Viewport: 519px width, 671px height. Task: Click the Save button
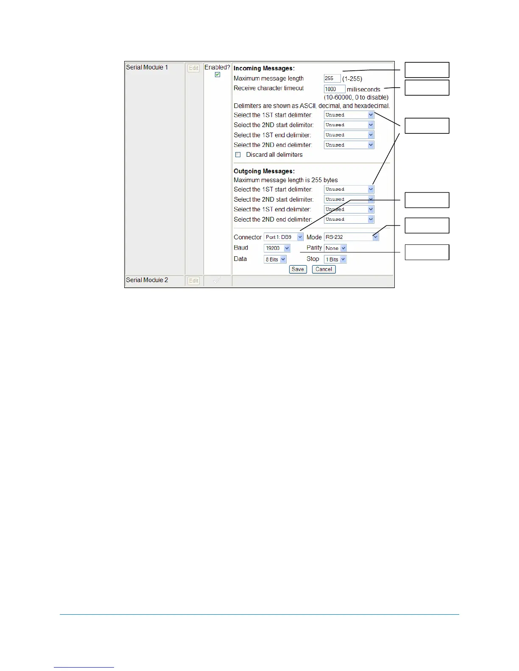click(x=298, y=269)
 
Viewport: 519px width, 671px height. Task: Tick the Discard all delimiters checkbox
click(x=238, y=155)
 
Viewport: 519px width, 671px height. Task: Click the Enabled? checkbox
click(x=218, y=75)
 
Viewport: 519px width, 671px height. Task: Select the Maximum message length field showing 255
click(x=332, y=78)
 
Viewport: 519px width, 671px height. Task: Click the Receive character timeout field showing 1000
click(x=334, y=89)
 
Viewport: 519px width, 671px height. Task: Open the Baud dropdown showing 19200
click(x=277, y=248)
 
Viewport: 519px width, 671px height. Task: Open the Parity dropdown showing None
click(x=335, y=248)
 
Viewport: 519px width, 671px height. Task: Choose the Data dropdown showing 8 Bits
click(x=275, y=259)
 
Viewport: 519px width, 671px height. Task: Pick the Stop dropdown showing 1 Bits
click(x=335, y=259)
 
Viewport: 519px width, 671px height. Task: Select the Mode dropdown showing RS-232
click(x=351, y=237)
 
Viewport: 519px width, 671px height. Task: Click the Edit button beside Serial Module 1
click(x=193, y=68)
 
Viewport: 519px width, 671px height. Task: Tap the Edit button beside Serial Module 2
click(x=193, y=281)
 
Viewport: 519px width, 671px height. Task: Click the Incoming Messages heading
click(x=264, y=68)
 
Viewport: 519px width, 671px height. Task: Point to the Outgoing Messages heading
click(x=264, y=171)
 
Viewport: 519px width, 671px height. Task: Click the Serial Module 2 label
click(x=147, y=280)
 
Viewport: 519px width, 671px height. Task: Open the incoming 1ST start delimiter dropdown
click(x=349, y=115)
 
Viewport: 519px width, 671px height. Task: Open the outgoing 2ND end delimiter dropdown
click(x=349, y=219)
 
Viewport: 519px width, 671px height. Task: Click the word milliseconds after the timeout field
click(x=363, y=89)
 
